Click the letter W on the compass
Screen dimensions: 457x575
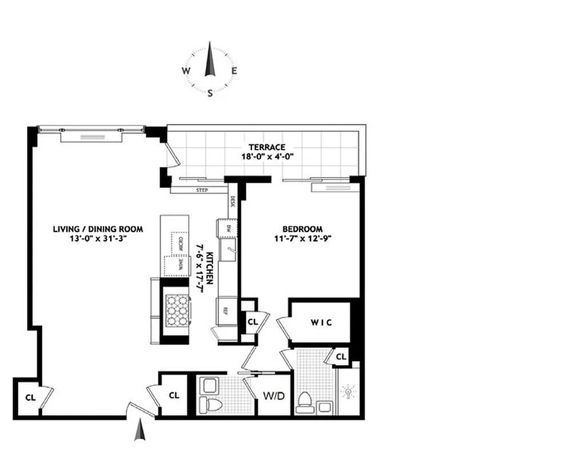(x=186, y=71)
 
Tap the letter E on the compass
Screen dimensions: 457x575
(x=234, y=71)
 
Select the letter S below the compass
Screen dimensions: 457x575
(x=210, y=93)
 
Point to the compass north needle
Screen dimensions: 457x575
(x=210, y=57)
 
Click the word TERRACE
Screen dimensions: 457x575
(x=263, y=147)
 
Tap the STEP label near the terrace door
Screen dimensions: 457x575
(x=202, y=190)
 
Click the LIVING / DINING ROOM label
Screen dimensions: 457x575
(x=98, y=229)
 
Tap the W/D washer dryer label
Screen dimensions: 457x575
(x=271, y=395)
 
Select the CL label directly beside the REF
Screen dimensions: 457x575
(x=253, y=322)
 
